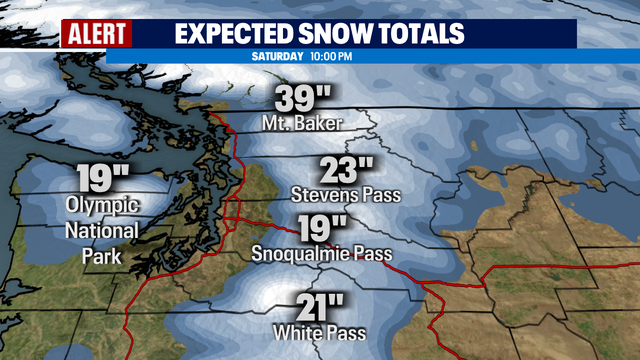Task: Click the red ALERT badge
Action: (x=97, y=33)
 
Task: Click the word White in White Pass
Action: (x=301, y=333)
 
